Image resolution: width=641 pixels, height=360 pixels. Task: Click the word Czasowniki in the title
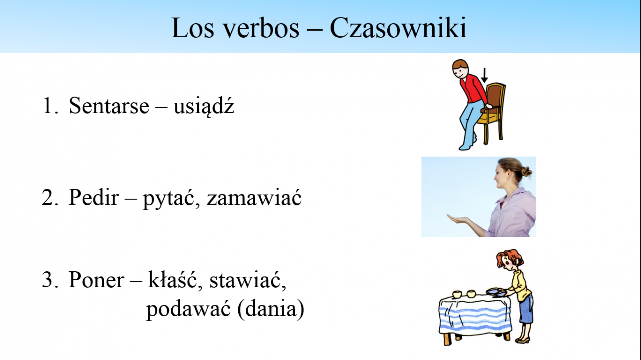[x=398, y=28]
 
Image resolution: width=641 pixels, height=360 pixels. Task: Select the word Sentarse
[x=109, y=105]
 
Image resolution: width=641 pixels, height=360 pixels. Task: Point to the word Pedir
[x=94, y=197]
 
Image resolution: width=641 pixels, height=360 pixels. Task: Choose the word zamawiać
[x=254, y=197]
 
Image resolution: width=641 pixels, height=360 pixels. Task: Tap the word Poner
[x=96, y=280]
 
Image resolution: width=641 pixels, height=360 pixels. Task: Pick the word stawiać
[x=248, y=279]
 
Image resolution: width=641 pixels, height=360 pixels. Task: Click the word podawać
[x=188, y=310]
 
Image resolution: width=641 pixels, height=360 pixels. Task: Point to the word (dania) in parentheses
[x=271, y=309]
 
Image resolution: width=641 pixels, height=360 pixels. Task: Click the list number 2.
[x=50, y=197]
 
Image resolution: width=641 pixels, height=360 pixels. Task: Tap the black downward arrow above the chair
[x=484, y=75]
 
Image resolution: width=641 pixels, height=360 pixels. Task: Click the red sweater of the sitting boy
[x=472, y=88]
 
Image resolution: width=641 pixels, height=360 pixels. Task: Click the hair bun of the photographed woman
[x=526, y=172]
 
